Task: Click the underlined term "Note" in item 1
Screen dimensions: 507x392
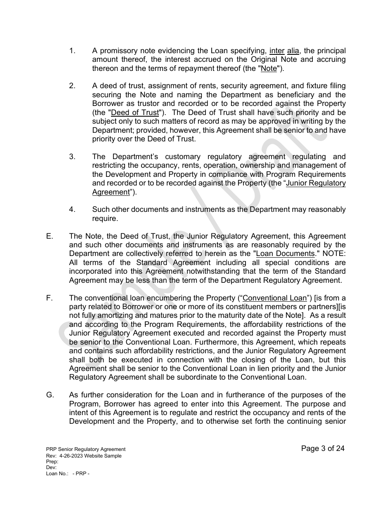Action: [269, 69]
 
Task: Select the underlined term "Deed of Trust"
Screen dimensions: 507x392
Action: [135, 113]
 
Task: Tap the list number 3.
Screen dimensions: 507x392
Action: [72, 157]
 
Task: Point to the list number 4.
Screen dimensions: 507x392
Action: [72, 210]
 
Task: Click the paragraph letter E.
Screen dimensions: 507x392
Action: [50, 237]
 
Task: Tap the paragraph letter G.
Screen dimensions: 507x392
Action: [50, 395]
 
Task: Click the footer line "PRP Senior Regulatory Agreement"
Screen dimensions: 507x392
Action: [86, 450]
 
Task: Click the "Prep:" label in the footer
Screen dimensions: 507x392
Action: [52, 462]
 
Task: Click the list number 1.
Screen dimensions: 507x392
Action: [72, 51]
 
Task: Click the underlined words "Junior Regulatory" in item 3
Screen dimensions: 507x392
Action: [316, 183]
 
